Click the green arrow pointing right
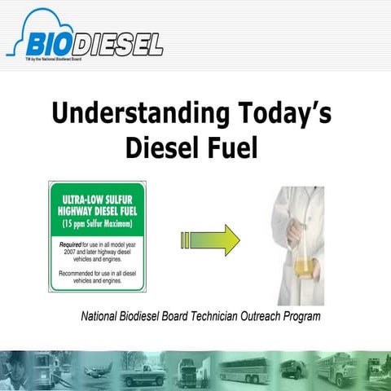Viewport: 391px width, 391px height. pyautogui.click(x=210, y=240)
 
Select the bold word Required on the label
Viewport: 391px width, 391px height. pyautogui.click(x=74, y=243)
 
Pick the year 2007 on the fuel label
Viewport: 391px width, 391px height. pyautogui.click(x=68, y=251)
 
